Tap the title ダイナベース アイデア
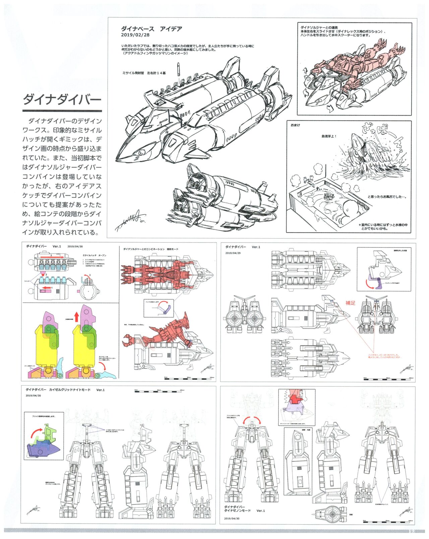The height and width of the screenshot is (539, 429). click(151, 29)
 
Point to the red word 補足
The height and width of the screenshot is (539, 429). click(350, 303)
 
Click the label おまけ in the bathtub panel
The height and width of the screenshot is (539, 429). click(295, 125)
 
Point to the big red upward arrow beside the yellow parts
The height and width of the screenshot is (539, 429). click(76, 316)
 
